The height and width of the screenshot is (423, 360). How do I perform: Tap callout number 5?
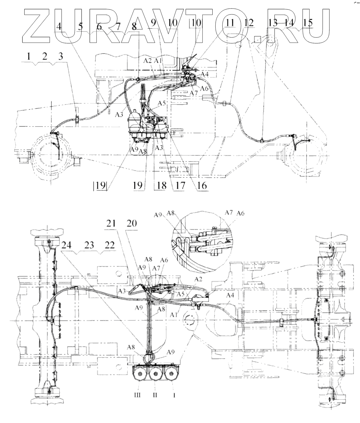[x=80, y=26]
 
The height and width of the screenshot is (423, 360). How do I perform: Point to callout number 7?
[x=118, y=26]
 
